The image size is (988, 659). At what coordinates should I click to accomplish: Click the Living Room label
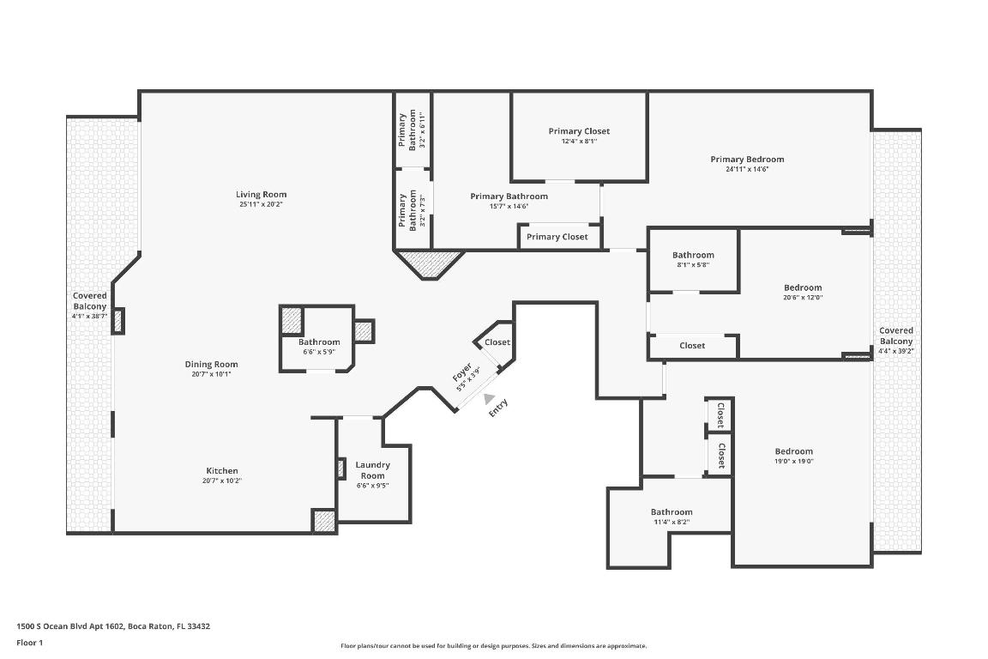pyautogui.click(x=262, y=195)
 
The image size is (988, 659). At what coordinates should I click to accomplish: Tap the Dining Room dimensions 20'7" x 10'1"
pyautogui.click(x=210, y=374)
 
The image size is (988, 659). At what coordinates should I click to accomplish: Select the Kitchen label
pyautogui.click(x=222, y=470)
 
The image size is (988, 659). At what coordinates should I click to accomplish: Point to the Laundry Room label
pyautogui.click(x=372, y=470)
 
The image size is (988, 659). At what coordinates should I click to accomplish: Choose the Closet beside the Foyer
pyautogui.click(x=497, y=342)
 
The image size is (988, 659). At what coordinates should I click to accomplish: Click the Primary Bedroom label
pyautogui.click(x=747, y=159)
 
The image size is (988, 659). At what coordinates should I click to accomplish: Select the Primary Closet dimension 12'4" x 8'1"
pyautogui.click(x=579, y=142)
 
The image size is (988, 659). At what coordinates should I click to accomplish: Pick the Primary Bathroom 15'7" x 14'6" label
pyautogui.click(x=509, y=196)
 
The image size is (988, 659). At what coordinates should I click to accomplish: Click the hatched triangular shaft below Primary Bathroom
pyautogui.click(x=429, y=263)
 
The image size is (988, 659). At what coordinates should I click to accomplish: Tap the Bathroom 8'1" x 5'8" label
pyautogui.click(x=693, y=255)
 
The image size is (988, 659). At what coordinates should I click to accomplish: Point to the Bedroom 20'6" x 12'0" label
pyautogui.click(x=803, y=287)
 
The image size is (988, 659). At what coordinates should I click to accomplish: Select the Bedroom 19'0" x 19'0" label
pyautogui.click(x=794, y=451)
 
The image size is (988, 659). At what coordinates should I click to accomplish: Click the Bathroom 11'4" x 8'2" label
pyautogui.click(x=671, y=512)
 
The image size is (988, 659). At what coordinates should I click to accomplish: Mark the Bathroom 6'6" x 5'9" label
pyautogui.click(x=319, y=342)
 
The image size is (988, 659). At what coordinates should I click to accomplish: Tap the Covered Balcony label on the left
pyautogui.click(x=89, y=301)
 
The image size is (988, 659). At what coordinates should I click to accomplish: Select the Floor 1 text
pyautogui.click(x=29, y=643)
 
